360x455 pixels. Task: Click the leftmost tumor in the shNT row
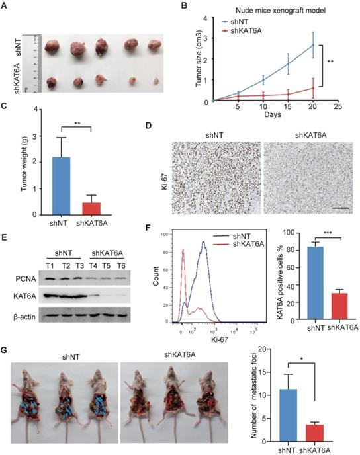pos(52,50)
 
